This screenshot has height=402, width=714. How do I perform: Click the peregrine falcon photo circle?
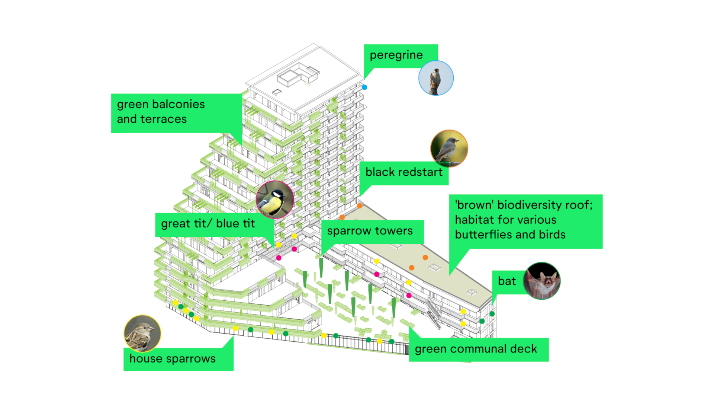(436, 78)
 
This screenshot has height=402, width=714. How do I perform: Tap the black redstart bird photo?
(449, 148)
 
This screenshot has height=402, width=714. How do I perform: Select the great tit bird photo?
(275, 200)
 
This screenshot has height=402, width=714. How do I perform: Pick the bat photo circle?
(541, 281)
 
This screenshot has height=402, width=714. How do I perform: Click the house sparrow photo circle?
(142, 333)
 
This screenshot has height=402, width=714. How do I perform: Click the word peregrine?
(396, 55)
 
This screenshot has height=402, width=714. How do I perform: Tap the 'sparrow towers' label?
(370, 231)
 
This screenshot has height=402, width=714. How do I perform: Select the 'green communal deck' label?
(476, 349)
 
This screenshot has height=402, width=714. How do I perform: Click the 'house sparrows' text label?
(172, 358)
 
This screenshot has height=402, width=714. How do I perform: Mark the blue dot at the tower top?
(364, 87)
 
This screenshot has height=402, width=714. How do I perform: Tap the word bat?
(506, 281)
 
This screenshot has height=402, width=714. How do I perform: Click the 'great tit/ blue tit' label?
(208, 224)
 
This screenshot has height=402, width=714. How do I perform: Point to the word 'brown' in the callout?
(474, 205)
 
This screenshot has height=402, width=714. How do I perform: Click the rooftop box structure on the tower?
(288, 77)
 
